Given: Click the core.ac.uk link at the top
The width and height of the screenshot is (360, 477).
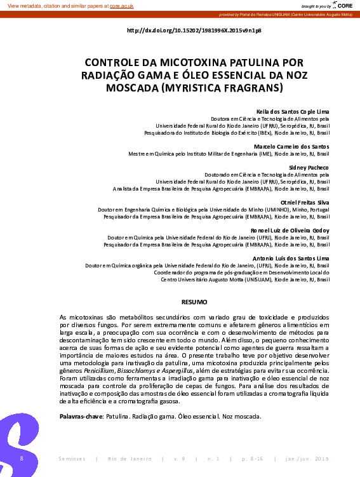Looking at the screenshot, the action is [x=121, y=6].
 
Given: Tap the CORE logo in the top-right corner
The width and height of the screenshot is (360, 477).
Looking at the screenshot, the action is [x=342, y=5].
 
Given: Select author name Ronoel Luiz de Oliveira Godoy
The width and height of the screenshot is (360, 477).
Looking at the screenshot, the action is [x=290, y=229].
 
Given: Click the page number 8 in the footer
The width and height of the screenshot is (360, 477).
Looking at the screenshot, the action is [x=22, y=458].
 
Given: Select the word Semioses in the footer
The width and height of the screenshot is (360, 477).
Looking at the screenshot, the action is [x=70, y=459].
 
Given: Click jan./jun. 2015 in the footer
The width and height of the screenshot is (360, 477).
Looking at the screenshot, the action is [x=307, y=459].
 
